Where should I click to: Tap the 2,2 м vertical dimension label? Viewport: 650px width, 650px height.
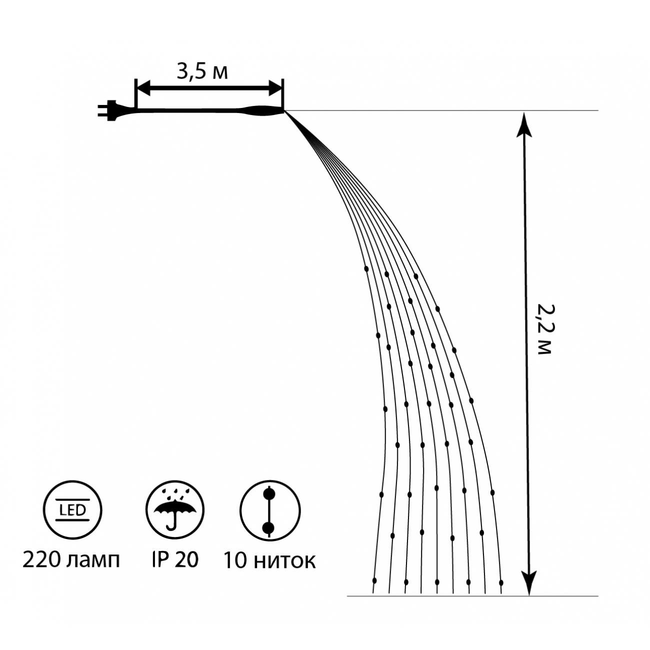(x=543, y=329)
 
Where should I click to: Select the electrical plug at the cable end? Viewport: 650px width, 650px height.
(x=108, y=110)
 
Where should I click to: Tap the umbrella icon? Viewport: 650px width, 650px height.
(x=174, y=510)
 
